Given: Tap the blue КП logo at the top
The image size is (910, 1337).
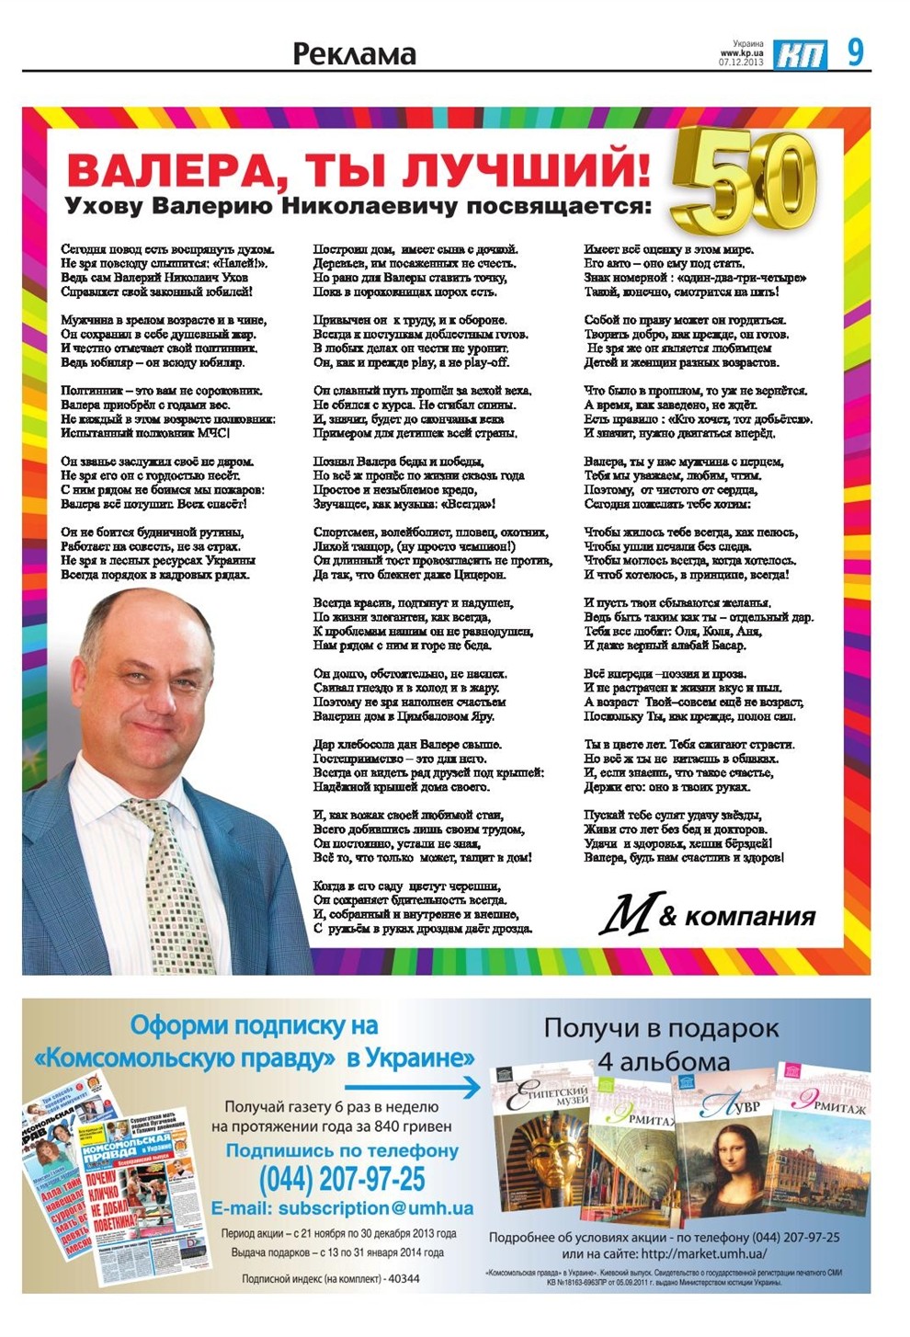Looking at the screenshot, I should click(x=799, y=54).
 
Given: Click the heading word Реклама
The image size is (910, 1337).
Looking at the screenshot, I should click(x=354, y=54).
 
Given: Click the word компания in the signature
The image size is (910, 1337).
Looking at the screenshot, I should click(x=749, y=916).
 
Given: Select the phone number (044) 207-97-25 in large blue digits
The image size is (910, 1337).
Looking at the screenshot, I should click(x=342, y=1178).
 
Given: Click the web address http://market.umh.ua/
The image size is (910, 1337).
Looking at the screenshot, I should click(x=703, y=1253).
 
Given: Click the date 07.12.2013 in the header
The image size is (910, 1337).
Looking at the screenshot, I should click(x=741, y=62).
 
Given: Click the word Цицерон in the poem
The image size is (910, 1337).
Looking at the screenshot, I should click(x=472, y=575).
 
